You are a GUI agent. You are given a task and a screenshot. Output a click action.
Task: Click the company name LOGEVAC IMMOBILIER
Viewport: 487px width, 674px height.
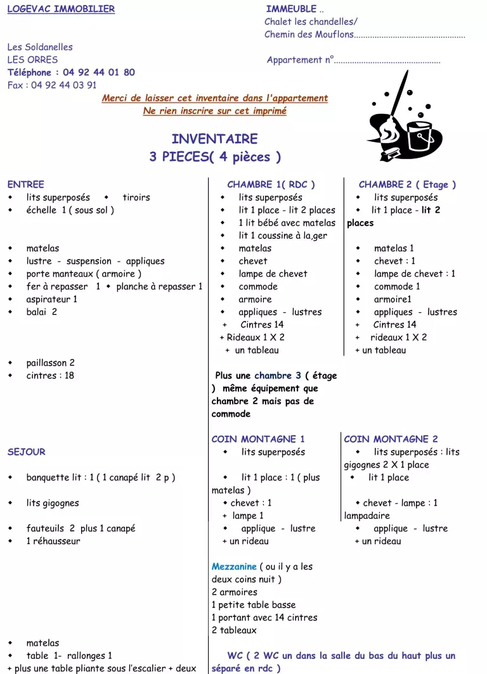point(61,9)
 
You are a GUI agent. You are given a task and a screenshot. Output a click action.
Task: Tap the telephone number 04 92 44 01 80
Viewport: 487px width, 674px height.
point(98,72)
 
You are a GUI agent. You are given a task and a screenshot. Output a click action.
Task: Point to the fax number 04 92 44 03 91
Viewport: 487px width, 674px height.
point(63,85)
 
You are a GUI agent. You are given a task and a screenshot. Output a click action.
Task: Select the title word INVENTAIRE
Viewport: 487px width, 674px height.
point(214,139)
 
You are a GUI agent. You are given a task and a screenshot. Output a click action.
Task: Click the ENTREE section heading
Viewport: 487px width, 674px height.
point(25,184)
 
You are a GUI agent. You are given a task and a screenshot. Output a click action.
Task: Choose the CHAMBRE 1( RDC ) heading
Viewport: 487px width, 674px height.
point(271,184)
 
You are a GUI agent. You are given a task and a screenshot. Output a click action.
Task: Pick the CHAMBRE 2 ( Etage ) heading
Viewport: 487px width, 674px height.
point(407,184)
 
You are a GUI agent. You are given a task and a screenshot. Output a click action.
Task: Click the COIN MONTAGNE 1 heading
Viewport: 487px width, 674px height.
point(258,439)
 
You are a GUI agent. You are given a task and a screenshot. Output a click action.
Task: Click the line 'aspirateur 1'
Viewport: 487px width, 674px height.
point(52,299)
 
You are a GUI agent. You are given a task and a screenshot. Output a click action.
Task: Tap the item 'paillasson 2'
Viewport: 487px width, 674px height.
point(51,363)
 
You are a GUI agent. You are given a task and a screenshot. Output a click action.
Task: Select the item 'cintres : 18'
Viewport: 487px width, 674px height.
point(50,376)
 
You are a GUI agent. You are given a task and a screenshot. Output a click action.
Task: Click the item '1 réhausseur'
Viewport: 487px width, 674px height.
point(53,541)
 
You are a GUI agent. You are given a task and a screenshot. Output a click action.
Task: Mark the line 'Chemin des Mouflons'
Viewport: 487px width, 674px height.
point(309,34)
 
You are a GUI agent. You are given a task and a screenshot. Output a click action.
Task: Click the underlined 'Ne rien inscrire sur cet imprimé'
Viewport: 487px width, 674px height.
point(214,111)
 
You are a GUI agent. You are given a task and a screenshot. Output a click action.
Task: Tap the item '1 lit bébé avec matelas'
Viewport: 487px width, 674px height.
point(287,223)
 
